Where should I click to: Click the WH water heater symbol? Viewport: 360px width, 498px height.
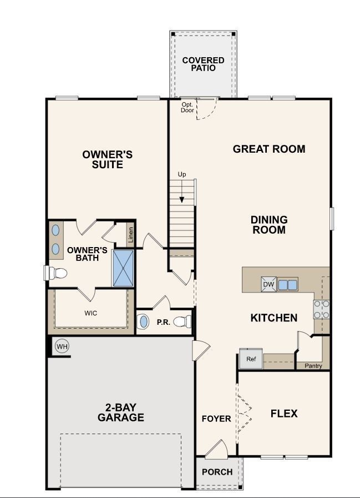(x=62, y=347)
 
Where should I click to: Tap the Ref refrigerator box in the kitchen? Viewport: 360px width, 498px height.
(x=251, y=359)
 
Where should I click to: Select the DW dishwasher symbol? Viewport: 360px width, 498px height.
(x=268, y=285)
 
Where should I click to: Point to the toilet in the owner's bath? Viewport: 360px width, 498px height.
(x=56, y=273)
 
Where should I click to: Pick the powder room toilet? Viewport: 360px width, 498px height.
(x=182, y=321)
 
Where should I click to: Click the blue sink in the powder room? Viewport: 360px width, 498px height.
(x=144, y=321)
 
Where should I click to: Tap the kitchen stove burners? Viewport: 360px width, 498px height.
(x=322, y=309)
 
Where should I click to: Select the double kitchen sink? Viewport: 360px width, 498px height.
(x=287, y=285)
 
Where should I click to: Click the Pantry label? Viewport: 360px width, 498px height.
(x=313, y=366)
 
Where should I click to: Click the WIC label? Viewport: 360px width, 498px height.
(x=91, y=313)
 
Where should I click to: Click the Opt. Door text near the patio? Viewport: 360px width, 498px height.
(x=187, y=107)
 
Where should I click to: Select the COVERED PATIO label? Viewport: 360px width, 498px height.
(x=203, y=64)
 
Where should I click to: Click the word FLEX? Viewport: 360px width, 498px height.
(x=284, y=414)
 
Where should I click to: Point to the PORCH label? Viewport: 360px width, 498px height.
(x=217, y=472)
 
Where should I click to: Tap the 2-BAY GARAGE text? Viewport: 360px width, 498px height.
(x=120, y=413)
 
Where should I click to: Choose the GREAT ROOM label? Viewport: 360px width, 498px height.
(x=269, y=149)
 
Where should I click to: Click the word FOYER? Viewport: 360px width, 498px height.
(x=216, y=419)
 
